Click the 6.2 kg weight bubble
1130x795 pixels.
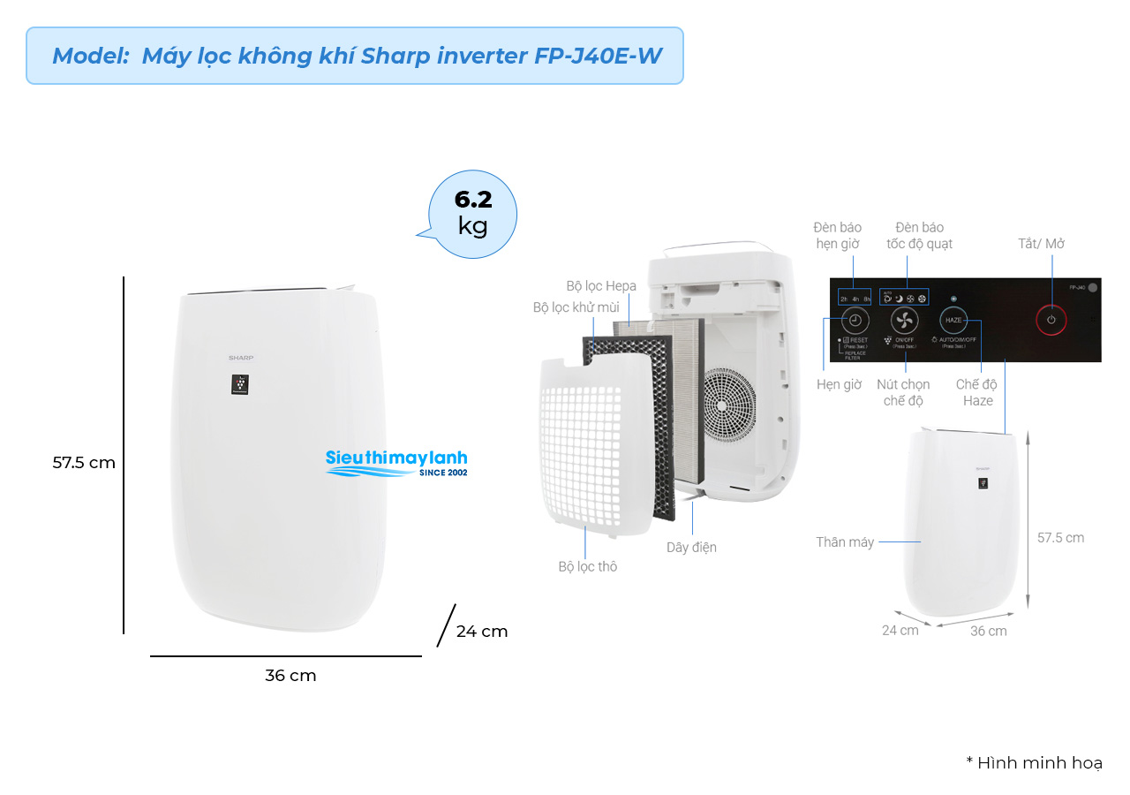(x=472, y=214)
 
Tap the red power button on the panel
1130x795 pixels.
(x=1051, y=320)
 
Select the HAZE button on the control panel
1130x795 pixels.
(x=953, y=320)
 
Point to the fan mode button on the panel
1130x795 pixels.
(x=904, y=320)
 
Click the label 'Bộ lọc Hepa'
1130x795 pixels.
(x=601, y=286)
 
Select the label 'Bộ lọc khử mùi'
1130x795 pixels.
(x=576, y=307)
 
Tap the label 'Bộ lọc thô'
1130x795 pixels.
(x=587, y=566)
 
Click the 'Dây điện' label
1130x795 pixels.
(x=691, y=548)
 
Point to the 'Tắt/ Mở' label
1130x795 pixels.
(x=1043, y=244)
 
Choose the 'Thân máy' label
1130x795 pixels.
(x=844, y=542)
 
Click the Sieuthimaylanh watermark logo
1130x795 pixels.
(x=396, y=462)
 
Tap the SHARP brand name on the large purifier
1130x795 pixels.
(x=241, y=358)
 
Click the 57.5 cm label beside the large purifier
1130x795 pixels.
(x=84, y=462)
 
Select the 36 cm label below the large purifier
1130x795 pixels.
(x=290, y=676)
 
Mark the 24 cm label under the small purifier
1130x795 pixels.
(x=900, y=631)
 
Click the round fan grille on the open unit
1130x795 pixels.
(x=729, y=402)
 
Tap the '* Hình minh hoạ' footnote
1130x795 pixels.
(x=1034, y=763)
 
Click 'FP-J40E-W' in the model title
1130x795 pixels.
(x=598, y=56)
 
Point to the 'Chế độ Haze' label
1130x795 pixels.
(x=977, y=393)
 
